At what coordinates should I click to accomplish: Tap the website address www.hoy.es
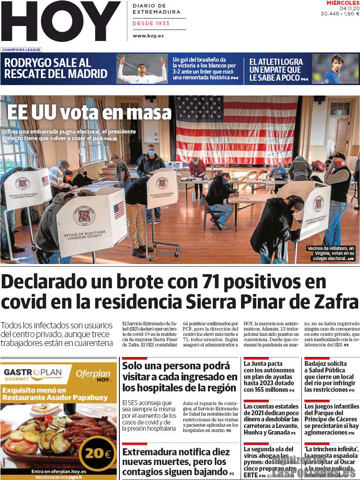(x=148, y=36)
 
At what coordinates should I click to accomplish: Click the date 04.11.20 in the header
(x=349, y=8)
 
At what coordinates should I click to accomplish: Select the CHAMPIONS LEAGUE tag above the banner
(x=21, y=50)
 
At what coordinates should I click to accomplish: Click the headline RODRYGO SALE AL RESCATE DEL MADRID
(x=56, y=68)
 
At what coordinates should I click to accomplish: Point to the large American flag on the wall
(x=236, y=130)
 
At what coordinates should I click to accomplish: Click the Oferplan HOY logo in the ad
(x=94, y=375)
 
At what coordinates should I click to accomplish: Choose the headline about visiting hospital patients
(x=179, y=377)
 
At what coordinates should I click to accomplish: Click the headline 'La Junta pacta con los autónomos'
(x=269, y=376)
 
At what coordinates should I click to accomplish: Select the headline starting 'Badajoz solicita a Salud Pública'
(x=330, y=376)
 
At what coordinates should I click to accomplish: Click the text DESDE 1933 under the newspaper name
(x=151, y=23)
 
